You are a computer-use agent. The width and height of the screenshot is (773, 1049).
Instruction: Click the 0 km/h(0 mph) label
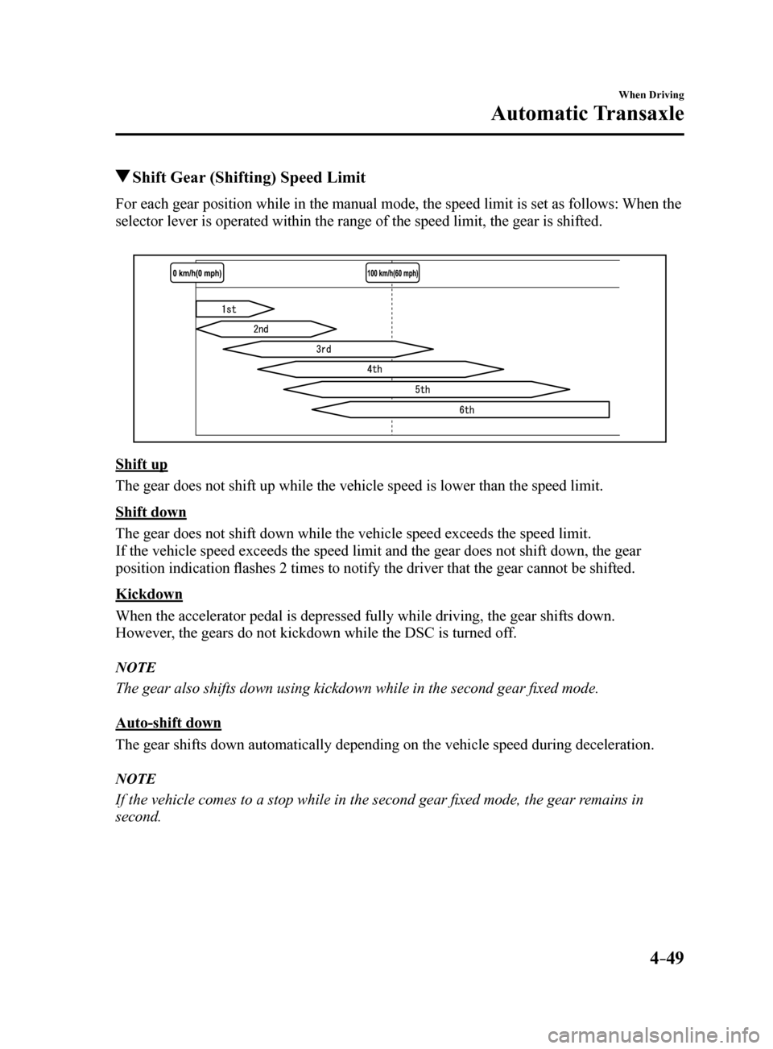point(196,273)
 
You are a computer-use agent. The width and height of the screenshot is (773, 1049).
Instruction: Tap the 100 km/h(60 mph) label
point(393,273)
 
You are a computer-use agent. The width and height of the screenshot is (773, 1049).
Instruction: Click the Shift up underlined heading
point(142,465)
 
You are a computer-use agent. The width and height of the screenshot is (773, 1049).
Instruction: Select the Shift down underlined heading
point(151,512)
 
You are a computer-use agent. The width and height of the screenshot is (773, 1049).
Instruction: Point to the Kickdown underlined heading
point(149,595)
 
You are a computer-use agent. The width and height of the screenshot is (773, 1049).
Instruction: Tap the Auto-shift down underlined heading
point(168,723)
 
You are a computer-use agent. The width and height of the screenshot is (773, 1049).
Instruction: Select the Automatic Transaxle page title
point(587,114)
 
